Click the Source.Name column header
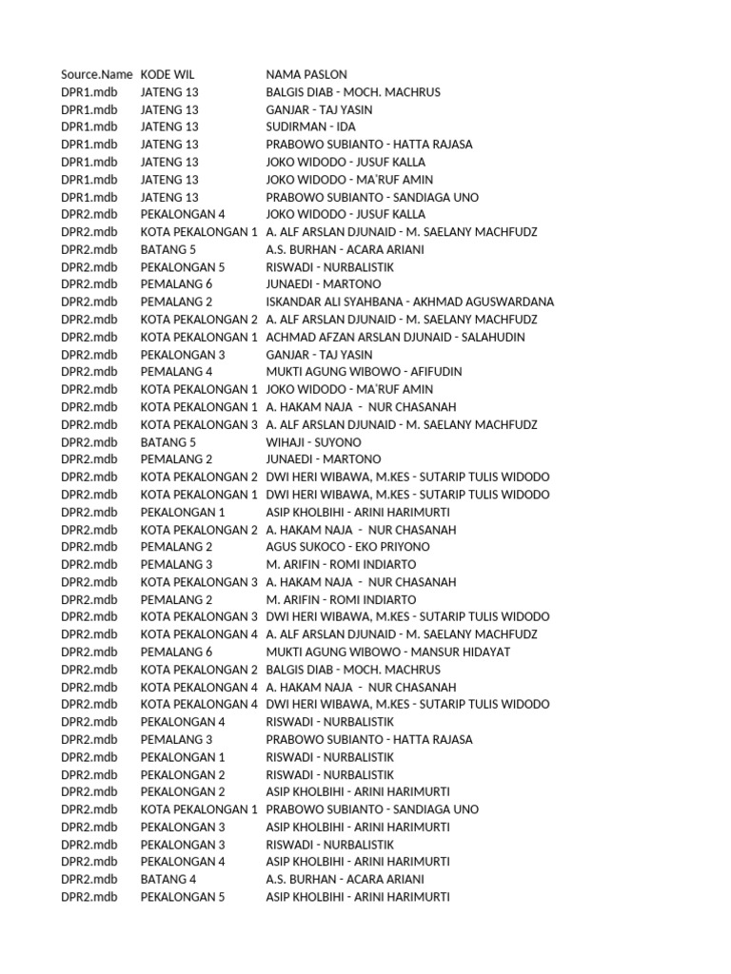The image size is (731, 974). click(96, 74)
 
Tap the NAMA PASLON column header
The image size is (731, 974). click(306, 74)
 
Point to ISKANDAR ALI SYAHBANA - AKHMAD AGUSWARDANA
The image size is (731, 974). click(409, 302)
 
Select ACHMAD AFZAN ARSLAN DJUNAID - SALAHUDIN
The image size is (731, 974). click(395, 337)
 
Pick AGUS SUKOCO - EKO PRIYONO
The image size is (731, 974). click(347, 547)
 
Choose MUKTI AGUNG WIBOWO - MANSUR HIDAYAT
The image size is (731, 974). click(388, 652)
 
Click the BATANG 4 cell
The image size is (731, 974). click(168, 879)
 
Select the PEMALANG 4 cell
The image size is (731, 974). click(176, 372)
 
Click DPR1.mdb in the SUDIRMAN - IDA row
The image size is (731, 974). click(89, 127)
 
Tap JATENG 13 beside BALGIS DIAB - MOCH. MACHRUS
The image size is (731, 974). click(169, 92)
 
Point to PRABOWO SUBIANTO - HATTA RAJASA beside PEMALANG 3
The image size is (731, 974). click(369, 739)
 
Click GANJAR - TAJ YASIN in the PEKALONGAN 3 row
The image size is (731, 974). click(319, 355)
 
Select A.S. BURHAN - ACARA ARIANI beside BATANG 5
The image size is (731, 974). click(345, 249)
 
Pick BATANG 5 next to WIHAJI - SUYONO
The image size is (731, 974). click(168, 442)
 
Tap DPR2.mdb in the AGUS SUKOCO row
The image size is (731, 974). click(89, 547)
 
